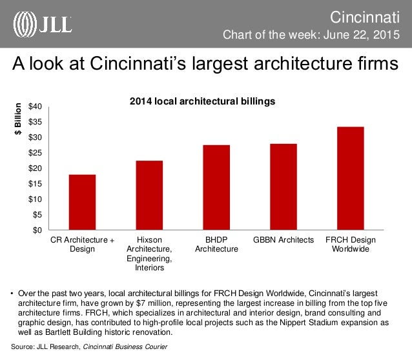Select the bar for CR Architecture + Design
82,202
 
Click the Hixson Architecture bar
149,195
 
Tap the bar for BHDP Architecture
216,187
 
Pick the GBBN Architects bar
283,186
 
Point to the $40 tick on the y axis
36,106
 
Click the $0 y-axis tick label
38,230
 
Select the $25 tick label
36,153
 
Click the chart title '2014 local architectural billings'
203,101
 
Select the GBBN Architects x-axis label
283,240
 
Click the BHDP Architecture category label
216,245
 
